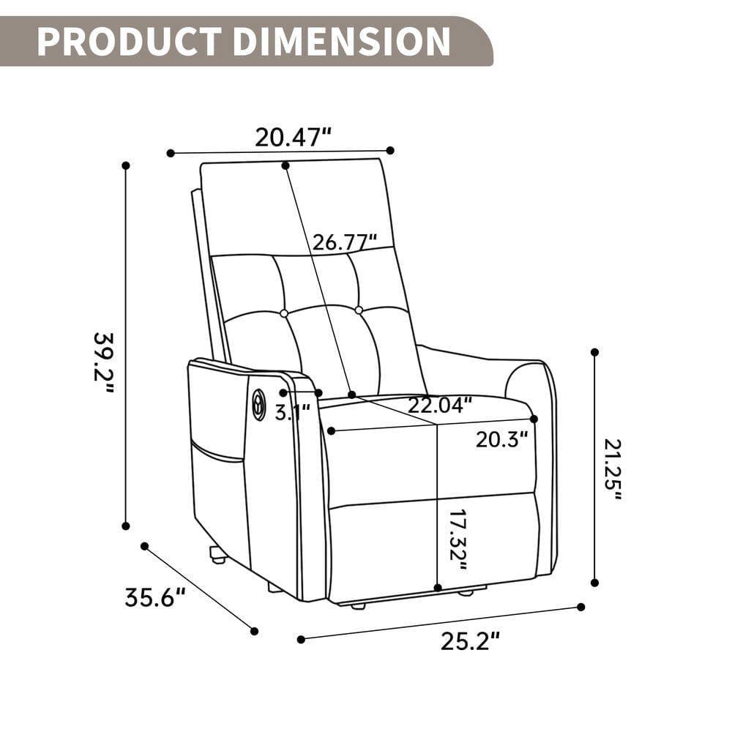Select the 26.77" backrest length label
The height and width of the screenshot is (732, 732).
345,242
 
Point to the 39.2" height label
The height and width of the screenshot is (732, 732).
104,362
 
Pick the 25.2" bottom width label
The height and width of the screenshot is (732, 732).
471,641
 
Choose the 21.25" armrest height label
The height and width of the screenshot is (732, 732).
613,469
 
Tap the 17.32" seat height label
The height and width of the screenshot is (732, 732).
457,540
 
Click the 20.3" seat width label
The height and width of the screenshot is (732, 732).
502,439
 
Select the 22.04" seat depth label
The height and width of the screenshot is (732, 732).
440,405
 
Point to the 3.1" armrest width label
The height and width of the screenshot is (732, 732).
293,412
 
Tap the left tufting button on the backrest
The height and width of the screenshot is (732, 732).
284,313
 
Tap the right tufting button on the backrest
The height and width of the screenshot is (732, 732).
359,310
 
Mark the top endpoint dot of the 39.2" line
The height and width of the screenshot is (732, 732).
126,165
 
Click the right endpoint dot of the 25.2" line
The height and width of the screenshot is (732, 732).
581,607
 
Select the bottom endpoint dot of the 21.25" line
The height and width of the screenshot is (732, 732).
594,583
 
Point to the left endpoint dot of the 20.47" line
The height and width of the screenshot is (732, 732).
171,153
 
